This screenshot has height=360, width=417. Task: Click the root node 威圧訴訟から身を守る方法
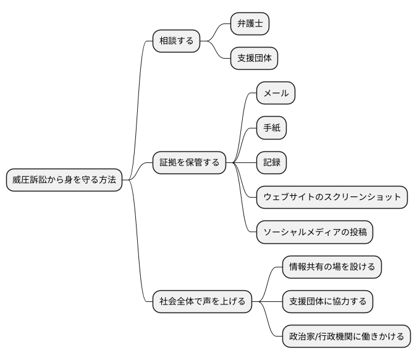click(64, 180)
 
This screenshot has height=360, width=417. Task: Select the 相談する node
click(176, 41)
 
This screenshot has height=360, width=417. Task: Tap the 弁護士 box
click(250, 24)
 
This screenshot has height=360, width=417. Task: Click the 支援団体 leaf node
click(254, 59)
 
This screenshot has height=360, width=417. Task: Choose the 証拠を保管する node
click(189, 163)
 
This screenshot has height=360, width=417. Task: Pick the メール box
click(276, 93)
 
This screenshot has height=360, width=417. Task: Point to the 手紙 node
click(272, 128)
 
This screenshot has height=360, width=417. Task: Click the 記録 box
click(272, 163)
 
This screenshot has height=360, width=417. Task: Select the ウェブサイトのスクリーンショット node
click(332, 198)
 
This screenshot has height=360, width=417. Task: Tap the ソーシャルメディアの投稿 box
click(314, 232)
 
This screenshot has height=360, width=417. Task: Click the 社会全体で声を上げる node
click(202, 302)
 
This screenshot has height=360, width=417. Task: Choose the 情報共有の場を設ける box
click(332, 267)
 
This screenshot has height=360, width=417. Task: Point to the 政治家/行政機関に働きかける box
click(346, 337)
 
